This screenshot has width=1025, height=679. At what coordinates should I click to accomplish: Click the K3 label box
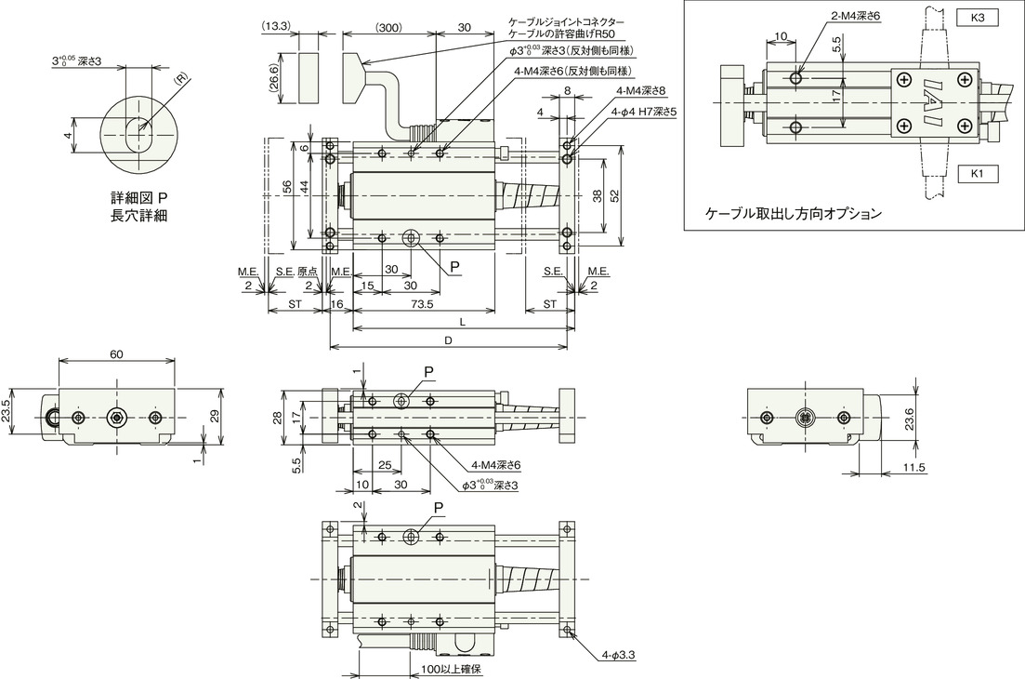pyautogui.click(x=979, y=19)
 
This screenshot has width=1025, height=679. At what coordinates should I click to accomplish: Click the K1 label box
pyautogui.click(x=979, y=174)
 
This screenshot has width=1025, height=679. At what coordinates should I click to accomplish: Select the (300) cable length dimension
pyautogui.click(x=388, y=28)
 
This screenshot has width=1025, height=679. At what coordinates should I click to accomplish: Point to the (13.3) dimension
pyautogui.click(x=279, y=27)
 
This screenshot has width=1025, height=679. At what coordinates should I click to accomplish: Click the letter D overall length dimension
pyautogui.click(x=449, y=340)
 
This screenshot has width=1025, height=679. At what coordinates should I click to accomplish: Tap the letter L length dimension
pyautogui.click(x=462, y=323)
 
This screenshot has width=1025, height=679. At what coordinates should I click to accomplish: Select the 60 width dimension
pyautogui.click(x=116, y=353)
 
